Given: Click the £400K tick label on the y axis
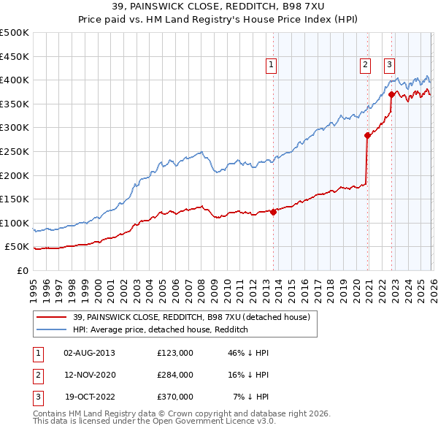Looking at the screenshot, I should [15, 80].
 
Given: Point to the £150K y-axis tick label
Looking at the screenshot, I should [15, 199].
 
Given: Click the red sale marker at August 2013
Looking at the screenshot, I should [274, 212].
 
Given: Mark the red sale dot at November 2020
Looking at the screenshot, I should [367, 135].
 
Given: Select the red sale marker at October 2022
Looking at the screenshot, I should [392, 94].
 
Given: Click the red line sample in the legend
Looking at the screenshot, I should [52, 317].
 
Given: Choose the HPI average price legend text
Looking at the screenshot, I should [161, 329].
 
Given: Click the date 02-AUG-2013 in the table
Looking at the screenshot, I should [89, 353].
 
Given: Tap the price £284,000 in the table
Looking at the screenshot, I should [175, 375].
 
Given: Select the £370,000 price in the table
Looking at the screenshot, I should [175, 397].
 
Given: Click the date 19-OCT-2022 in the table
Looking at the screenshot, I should [89, 397].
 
